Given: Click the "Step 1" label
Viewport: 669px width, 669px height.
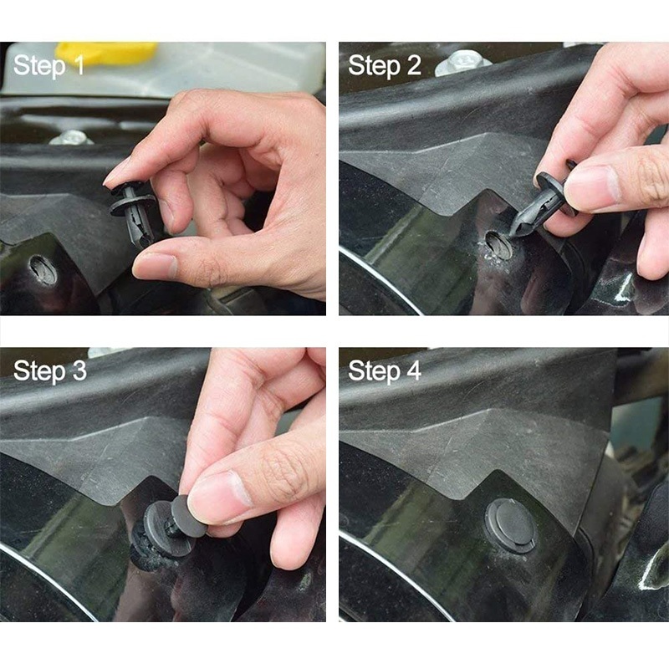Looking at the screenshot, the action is pos(49,66).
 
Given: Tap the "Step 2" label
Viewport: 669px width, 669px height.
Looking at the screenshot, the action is pos(385,66).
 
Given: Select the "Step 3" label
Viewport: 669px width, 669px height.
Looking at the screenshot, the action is pos(50,370).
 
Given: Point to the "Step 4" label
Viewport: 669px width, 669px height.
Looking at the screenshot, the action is pos(385,370).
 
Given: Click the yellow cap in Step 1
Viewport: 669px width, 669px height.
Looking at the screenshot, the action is pos(107,54).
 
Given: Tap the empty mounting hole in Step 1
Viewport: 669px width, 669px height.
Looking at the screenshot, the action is pos(43,269).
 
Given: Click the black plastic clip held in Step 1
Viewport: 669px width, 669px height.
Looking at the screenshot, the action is pos(133,213).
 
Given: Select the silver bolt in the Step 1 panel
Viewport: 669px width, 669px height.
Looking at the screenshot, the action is pos(71,138).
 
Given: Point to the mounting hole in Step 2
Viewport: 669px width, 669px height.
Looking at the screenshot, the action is pos(499,245).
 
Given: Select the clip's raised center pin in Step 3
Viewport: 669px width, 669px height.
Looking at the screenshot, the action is pos(189,516).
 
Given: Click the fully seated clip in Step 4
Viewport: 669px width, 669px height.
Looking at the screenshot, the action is pos(511,525).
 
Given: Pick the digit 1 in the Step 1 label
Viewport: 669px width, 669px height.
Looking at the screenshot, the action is pos(79,66).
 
